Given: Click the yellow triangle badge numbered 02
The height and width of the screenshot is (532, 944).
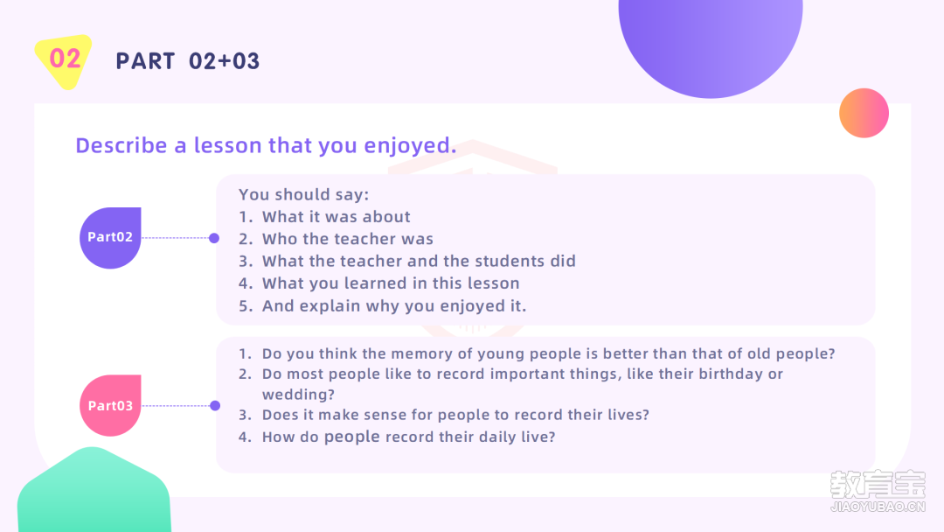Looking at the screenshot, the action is tap(63, 61).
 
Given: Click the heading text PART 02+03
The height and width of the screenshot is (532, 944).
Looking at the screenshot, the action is tap(187, 61).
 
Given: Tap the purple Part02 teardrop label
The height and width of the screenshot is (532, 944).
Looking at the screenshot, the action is tap(110, 237).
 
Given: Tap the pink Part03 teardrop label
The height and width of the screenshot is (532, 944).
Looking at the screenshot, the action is tap(110, 405).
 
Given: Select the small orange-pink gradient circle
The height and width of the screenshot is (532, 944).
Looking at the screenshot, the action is tap(864, 113).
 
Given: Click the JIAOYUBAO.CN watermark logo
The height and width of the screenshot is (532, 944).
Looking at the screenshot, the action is tap(878, 491).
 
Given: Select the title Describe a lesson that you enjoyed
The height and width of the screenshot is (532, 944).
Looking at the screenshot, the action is tap(266, 145).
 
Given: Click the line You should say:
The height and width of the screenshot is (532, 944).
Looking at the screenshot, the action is tap(303, 194).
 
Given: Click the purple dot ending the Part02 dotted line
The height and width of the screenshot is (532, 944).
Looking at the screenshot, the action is tap(214, 238).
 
